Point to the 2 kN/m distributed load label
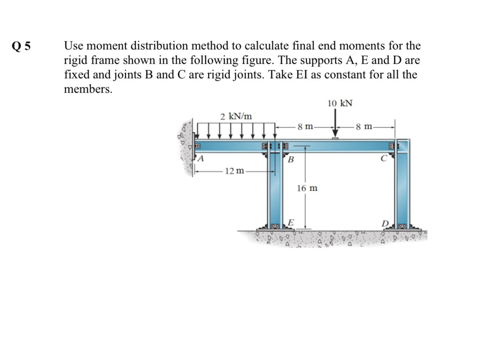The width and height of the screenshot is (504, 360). (x=236, y=116)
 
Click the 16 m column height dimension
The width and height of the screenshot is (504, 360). (x=307, y=189)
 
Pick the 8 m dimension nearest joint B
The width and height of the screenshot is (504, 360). (x=305, y=127)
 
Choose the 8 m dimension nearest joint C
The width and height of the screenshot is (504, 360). (x=364, y=127)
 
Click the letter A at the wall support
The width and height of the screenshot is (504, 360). (x=201, y=159)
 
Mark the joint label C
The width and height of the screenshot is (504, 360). (x=385, y=158)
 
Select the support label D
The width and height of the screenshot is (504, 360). (x=386, y=224)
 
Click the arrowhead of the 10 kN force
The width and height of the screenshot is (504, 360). (x=335, y=134)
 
